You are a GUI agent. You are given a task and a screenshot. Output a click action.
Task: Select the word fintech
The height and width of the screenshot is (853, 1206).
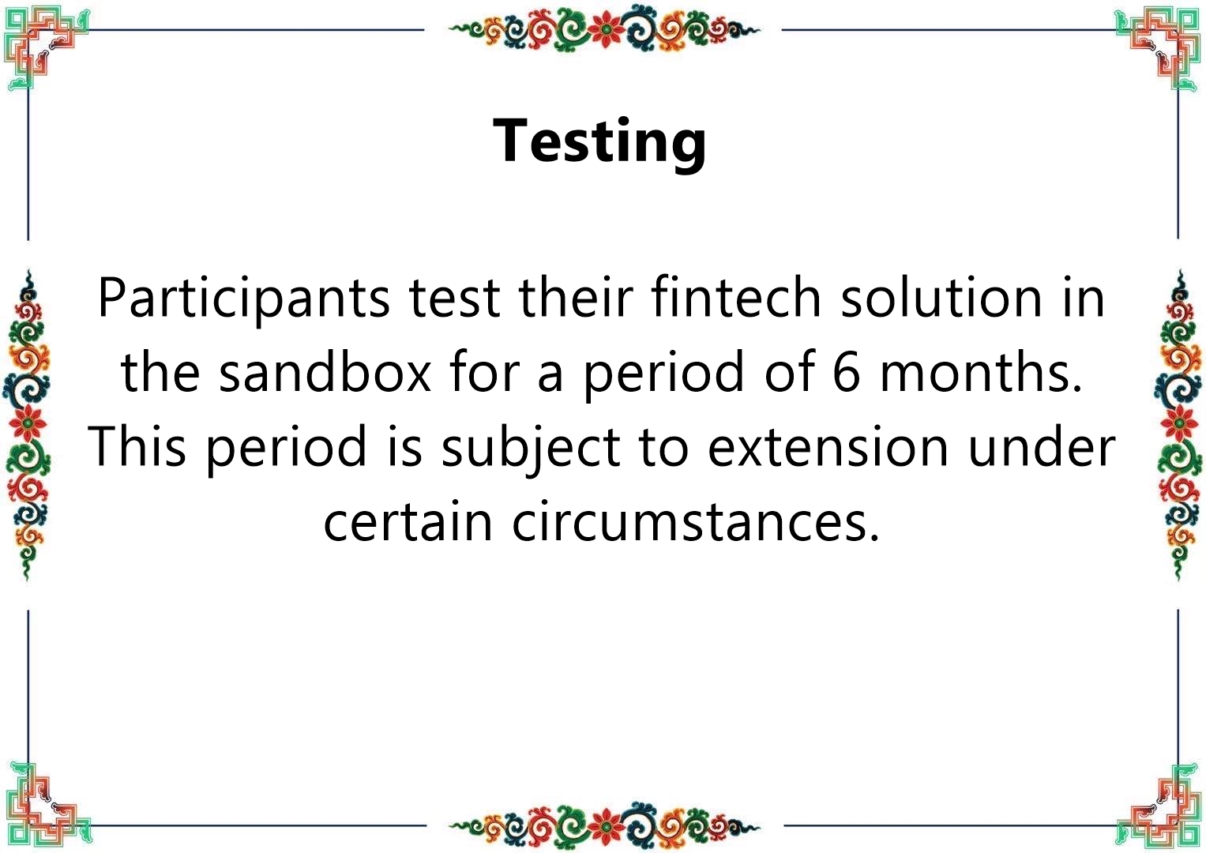coord(736,297)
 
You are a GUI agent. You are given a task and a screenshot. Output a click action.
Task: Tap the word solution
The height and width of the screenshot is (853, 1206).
coord(941,297)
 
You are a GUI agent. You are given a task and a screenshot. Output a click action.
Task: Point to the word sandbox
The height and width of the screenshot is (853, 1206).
coord(325,371)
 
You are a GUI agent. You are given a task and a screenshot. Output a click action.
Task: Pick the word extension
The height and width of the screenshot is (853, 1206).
coord(828,447)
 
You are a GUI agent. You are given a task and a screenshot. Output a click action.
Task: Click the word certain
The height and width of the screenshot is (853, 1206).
coord(408,521)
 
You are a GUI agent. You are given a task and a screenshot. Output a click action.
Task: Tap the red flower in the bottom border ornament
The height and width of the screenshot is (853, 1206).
coord(605,825)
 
